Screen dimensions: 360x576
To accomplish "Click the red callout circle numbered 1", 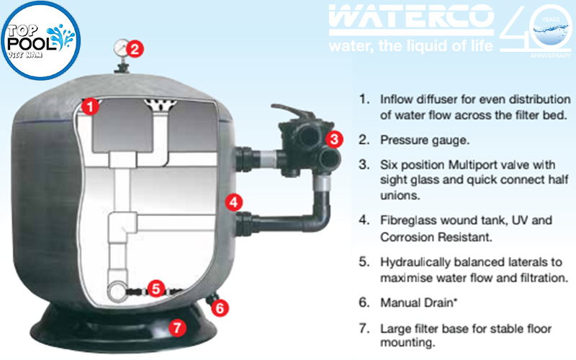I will pos(90,107).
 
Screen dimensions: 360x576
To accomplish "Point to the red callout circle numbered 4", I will pos(232,202).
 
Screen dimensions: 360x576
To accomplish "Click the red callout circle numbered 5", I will pos(157,289).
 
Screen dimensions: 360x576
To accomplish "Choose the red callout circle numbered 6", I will pos(221,307).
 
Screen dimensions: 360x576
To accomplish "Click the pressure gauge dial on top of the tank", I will pos(120,48).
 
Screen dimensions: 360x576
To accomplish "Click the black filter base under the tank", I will pos(130,331).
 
